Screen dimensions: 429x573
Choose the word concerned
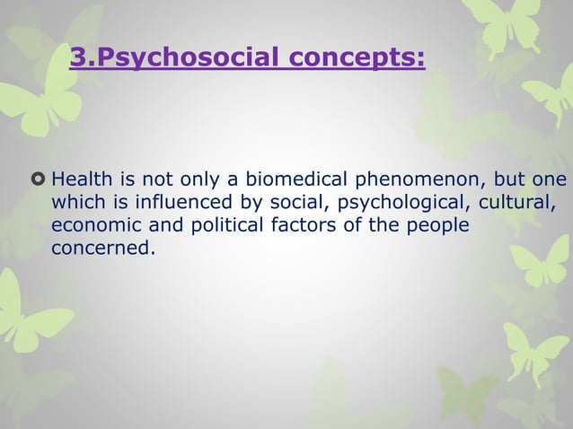pyautogui.click(x=98, y=246)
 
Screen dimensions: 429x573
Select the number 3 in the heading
pyautogui.click(x=76, y=59)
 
